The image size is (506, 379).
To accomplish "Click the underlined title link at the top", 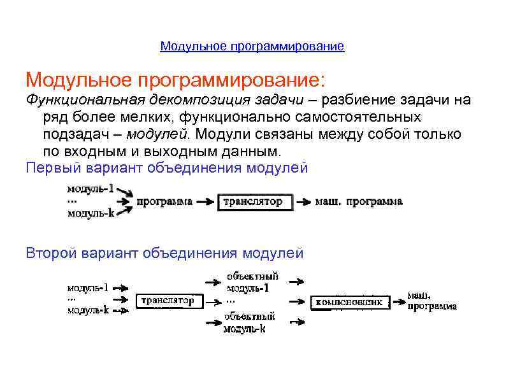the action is pyautogui.click(x=252, y=46).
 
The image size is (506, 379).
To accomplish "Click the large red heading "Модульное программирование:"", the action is pyautogui.click(x=175, y=80).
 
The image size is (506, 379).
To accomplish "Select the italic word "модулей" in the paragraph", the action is pyautogui.click(x=157, y=134).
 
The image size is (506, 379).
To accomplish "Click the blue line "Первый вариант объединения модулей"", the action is pyautogui.click(x=166, y=168).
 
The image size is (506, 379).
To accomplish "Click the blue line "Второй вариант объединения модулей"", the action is pyautogui.click(x=164, y=253).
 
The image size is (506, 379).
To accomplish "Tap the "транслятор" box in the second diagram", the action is pyautogui.click(x=168, y=300).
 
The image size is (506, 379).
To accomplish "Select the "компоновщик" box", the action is pyautogui.click(x=350, y=302).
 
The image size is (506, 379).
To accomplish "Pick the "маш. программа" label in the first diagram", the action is pyautogui.click(x=359, y=202).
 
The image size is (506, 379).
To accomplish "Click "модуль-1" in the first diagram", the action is pyautogui.click(x=91, y=189).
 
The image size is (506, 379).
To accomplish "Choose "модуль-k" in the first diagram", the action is pyautogui.click(x=91, y=214).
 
